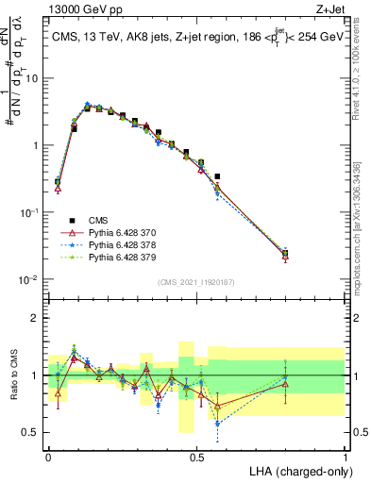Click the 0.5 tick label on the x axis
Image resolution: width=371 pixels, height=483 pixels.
coord(196,457)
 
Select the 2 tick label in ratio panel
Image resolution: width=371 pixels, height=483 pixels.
coord(37,318)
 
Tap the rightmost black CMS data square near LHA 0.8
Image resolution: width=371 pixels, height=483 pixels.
coord(286,253)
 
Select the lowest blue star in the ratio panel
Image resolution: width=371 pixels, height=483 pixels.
coord(217,424)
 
